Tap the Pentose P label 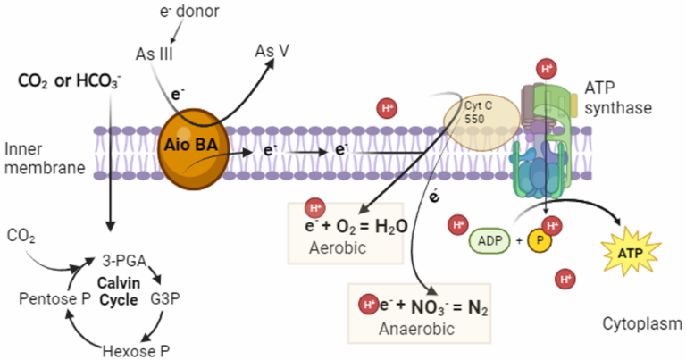44,295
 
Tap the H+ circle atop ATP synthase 548,68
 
